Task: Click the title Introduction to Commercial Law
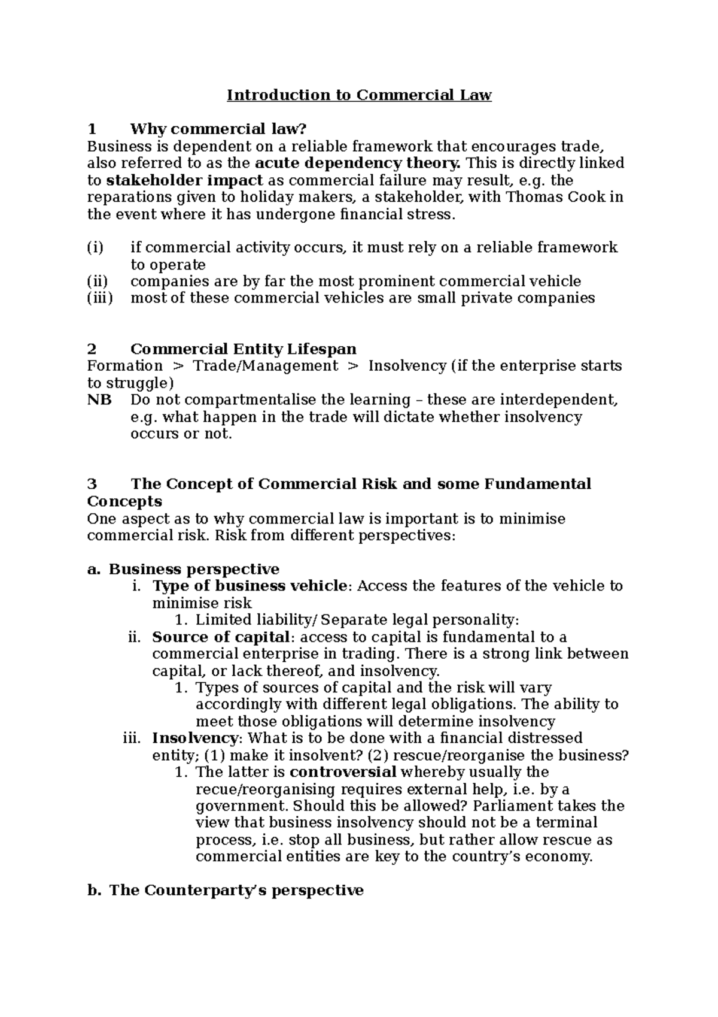pyautogui.click(x=359, y=95)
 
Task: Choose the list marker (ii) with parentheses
pyautogui.click(x=98, y=282)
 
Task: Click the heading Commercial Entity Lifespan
pyautogui.click(x=243, y=349)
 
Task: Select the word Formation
pyautogui.click(x=124, y=366)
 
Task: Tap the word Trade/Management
pyautogui.click(x=266, y=366)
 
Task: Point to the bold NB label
pyautogui.click(x=99, y=400)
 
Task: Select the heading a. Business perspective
pyautogui.click(x=183, y=569)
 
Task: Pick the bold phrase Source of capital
pyautogui.click(x=221, y=637)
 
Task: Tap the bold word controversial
pyautogui.click(x=343, y=772)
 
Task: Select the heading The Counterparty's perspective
pyautogui.click(x=236, y=891)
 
